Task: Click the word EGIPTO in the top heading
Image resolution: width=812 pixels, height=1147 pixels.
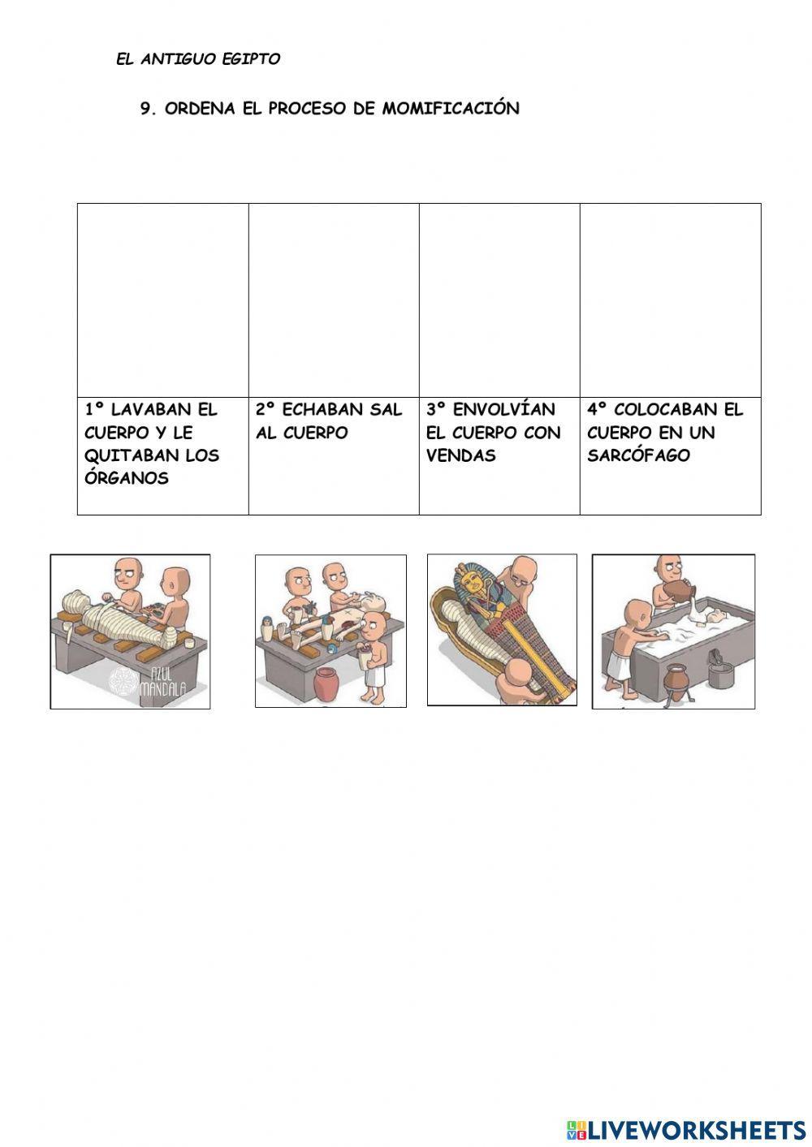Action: (x=251, y=59)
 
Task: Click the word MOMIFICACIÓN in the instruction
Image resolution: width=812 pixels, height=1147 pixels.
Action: (x=451, y=108)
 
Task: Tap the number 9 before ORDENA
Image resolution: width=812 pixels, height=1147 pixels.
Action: (x=147, y=109)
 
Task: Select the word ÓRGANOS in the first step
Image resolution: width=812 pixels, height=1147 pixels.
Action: (x=127, y=478)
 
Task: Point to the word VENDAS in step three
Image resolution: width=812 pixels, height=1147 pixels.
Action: (x=461, y=455)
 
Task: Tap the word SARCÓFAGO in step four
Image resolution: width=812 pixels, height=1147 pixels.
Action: (x=638, y=455)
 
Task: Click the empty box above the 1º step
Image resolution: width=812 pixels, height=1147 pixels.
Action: (x=163, y=300)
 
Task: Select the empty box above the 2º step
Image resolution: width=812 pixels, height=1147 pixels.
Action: (x=334, y=300)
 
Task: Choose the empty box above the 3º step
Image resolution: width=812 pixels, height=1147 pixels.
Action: (x=499, y=300)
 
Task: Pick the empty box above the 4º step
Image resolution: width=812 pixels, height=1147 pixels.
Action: (x=671, y=300)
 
